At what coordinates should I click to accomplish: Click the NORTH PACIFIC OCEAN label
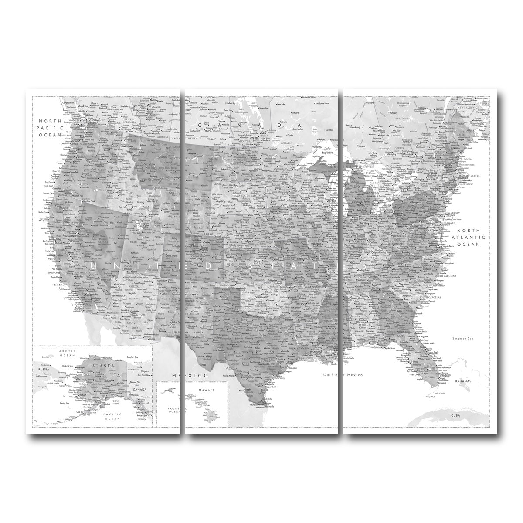coord(51,128)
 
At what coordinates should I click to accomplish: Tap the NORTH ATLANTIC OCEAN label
coord(468,237)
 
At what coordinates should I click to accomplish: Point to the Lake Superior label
coord(327,151)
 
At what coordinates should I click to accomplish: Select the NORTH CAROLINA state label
coord(444,275)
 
